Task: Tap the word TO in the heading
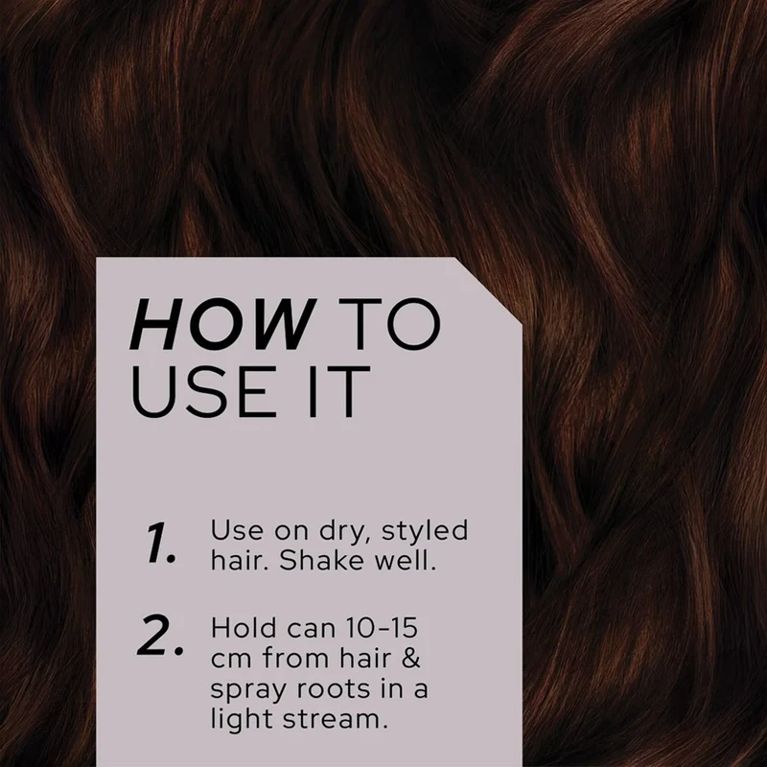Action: [x=389, y=324]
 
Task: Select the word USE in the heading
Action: [x=200, y=392]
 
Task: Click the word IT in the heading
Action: [x=331, y=392]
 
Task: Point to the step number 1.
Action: [x=160, y=543]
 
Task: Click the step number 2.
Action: [x=160, y=636]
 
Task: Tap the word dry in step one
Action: [x=345, y=532]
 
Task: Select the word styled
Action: [x=425, y=532]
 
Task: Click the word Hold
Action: [x=244, y=628]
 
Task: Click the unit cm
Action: [x=231, y=661]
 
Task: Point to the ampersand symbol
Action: [x=411, y=659]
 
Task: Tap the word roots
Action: [x=334, y=689]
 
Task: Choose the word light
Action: [x=237, y=720]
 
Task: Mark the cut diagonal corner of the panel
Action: [x=489, y=291]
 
